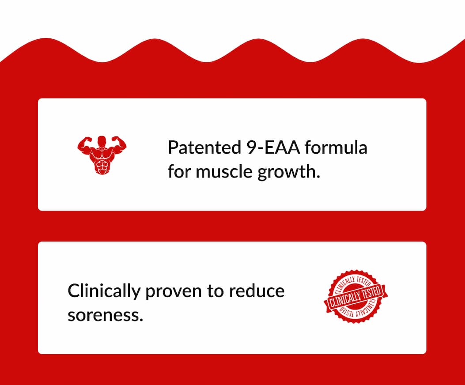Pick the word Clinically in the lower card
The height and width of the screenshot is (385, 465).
(x=104, y=291)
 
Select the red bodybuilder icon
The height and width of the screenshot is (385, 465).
(x=102, y=154)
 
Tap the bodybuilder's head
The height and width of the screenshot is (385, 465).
(x=102, y=141)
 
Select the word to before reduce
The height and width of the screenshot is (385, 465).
(x=217, y=291)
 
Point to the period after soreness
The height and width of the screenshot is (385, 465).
(x=141, y=320)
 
